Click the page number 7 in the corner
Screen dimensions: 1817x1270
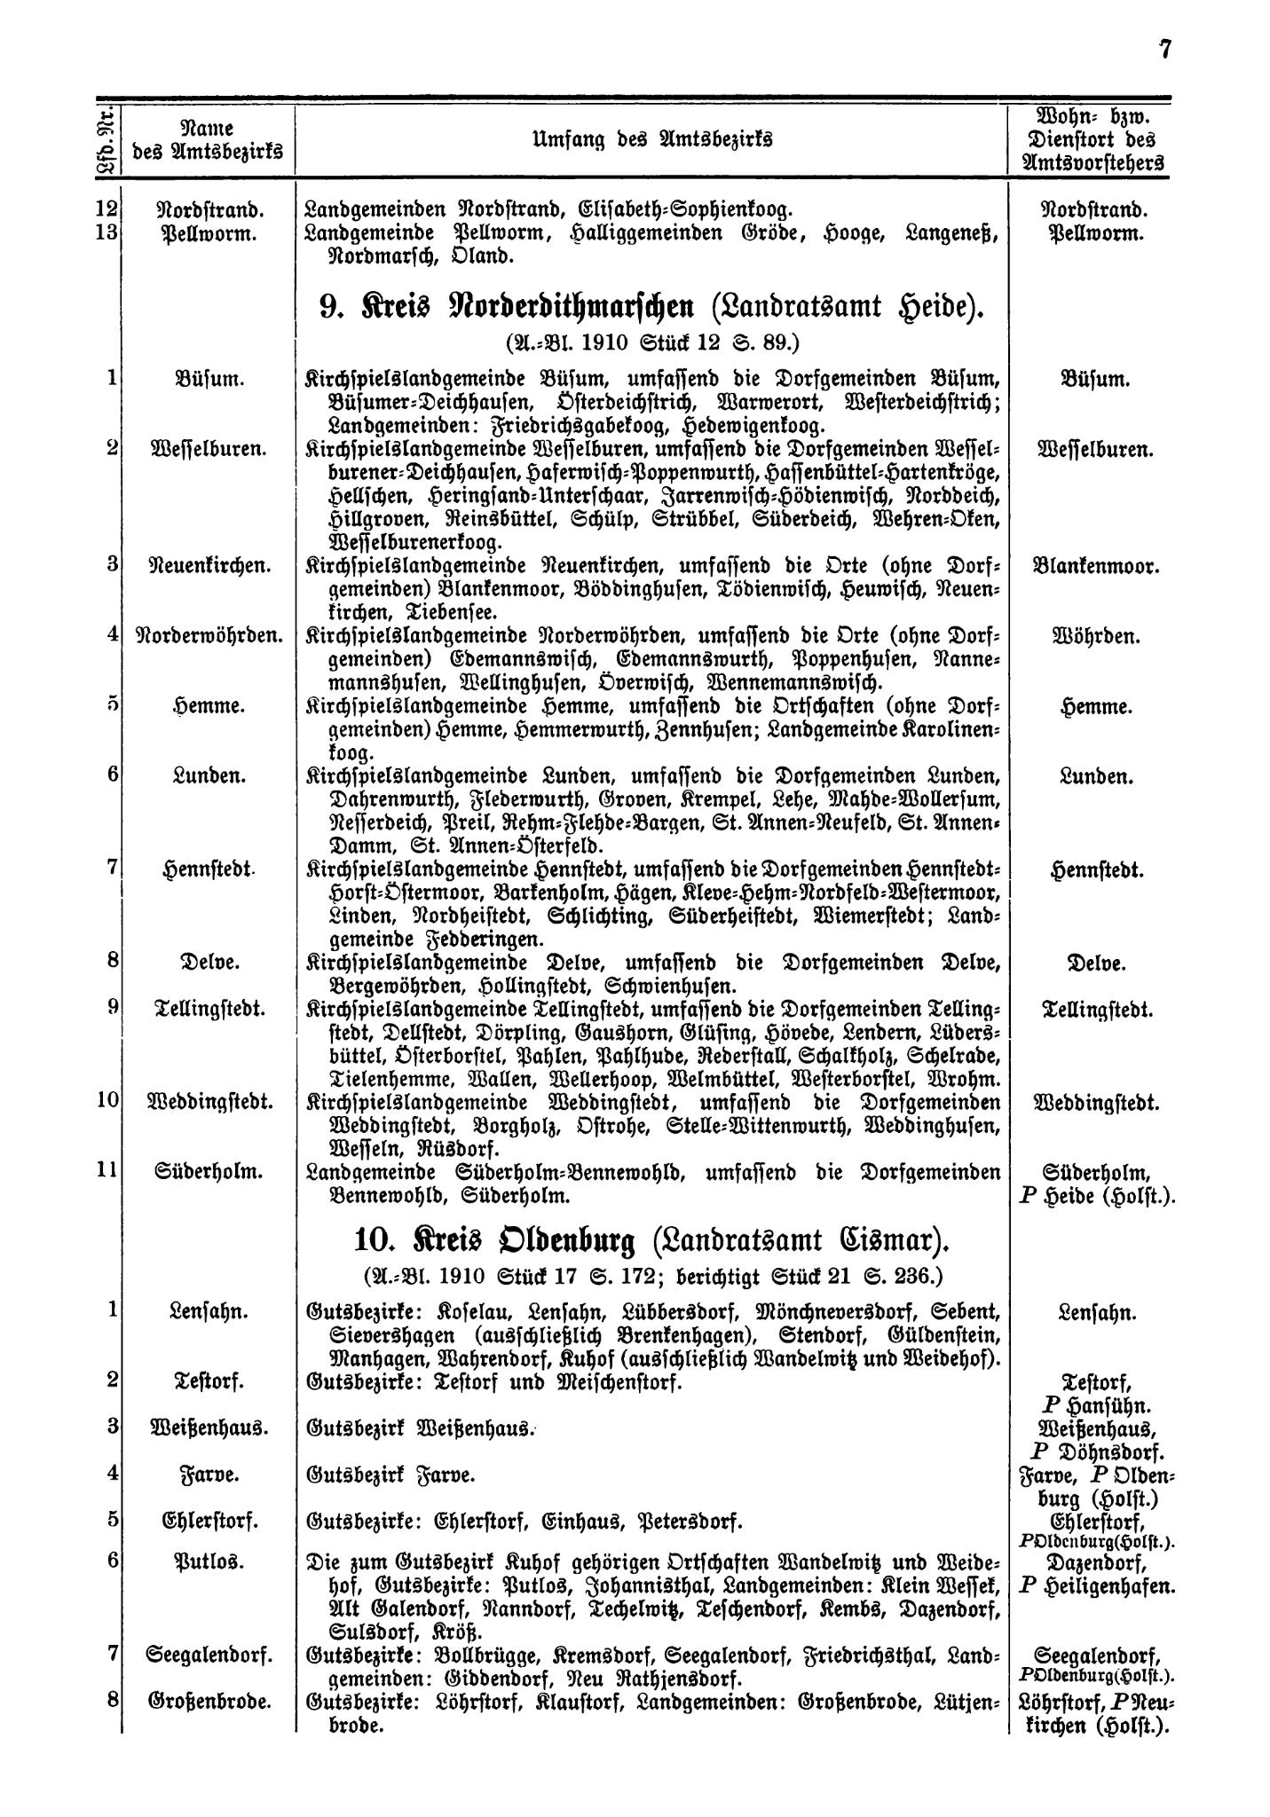[1164, 51]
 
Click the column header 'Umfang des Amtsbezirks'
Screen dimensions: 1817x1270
[651, 139]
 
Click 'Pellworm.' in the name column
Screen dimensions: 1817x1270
[209, 234]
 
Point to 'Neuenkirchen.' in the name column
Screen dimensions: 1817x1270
[209, 565]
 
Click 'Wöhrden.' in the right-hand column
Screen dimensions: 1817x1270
[1096, 636]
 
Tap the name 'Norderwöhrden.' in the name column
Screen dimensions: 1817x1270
[209, 636]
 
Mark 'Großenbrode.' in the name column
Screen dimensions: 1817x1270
[209, 1703]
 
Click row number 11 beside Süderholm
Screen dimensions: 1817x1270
[106, 1171]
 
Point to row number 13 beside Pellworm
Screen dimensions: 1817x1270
[106, 234]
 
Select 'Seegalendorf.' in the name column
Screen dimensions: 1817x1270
[209, 1656]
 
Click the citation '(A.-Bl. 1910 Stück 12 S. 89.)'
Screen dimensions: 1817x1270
[651, 342]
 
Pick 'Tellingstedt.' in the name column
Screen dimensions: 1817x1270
[209, 1010]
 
